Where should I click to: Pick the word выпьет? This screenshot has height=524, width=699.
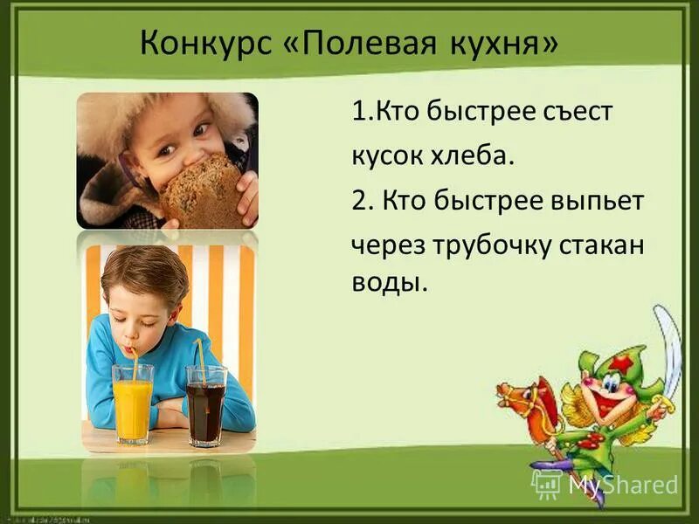[599, 201]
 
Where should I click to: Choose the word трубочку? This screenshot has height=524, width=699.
[489, 246]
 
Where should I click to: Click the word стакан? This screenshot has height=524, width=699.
[603, 245]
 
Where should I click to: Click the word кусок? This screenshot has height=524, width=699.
[385, 155]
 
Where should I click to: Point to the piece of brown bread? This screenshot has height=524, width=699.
[204, 191]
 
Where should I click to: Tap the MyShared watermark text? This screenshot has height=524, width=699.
[623, 485]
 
